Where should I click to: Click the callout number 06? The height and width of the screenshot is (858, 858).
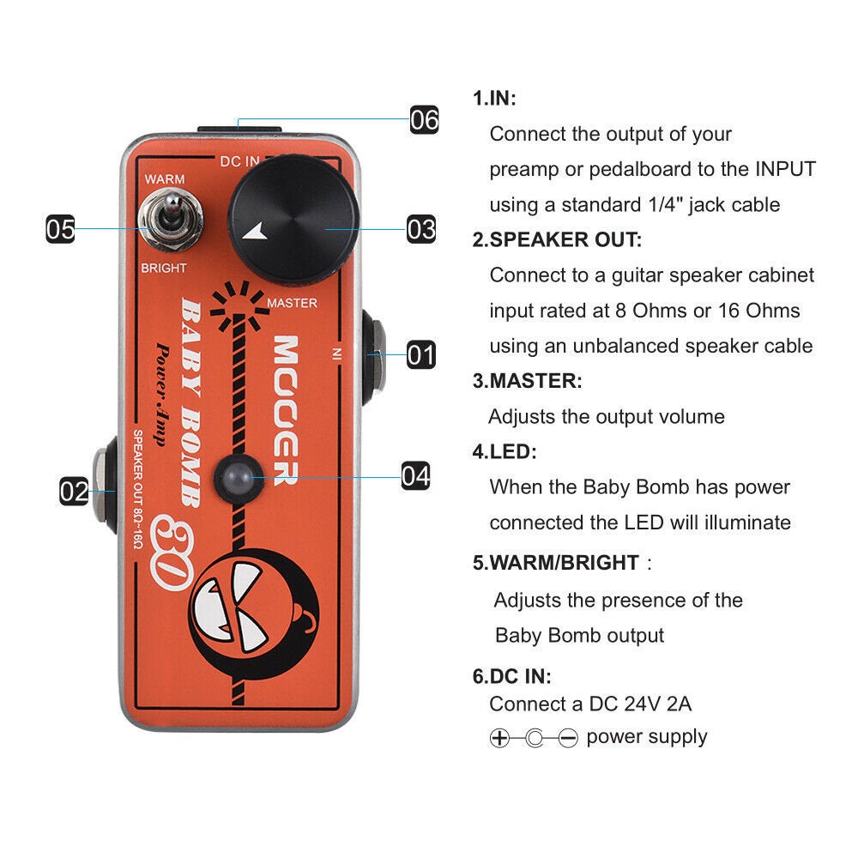[424, 119]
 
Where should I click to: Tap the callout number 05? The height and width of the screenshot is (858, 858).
[60, 229]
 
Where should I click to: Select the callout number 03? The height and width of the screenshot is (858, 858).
[420, 229]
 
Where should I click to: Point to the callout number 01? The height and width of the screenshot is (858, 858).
[420, 354]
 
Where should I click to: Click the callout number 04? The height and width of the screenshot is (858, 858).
[415, 475]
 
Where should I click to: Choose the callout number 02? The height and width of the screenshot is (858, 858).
[75, 492]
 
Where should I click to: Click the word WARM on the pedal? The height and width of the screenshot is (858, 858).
[165, 178]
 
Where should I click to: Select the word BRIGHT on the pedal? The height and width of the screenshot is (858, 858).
[163, 268]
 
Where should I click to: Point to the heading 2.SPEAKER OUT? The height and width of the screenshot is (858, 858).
[557, 239]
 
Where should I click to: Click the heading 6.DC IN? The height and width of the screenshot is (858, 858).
[512, 676]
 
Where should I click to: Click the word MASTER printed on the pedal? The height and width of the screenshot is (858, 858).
[292, 303]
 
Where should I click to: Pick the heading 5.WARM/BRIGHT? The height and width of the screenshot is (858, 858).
[556, 563]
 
